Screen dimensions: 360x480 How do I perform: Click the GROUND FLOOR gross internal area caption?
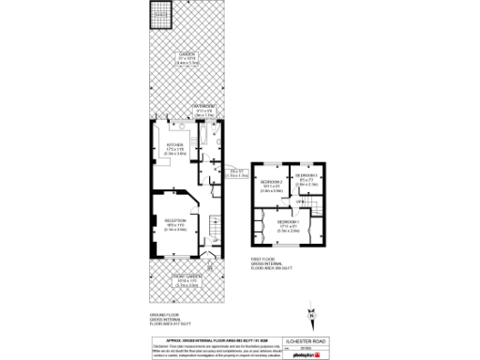pos(165,321)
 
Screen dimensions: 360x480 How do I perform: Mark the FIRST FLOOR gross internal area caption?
pos(267,266)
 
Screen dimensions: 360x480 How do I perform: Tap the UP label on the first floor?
pos(300,202)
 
